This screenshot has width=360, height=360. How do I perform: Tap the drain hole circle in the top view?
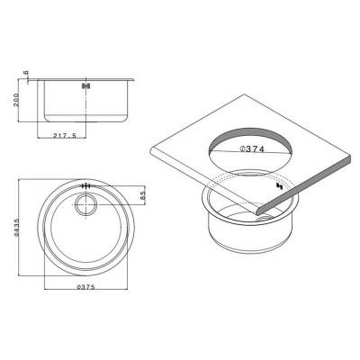[87, 205]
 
